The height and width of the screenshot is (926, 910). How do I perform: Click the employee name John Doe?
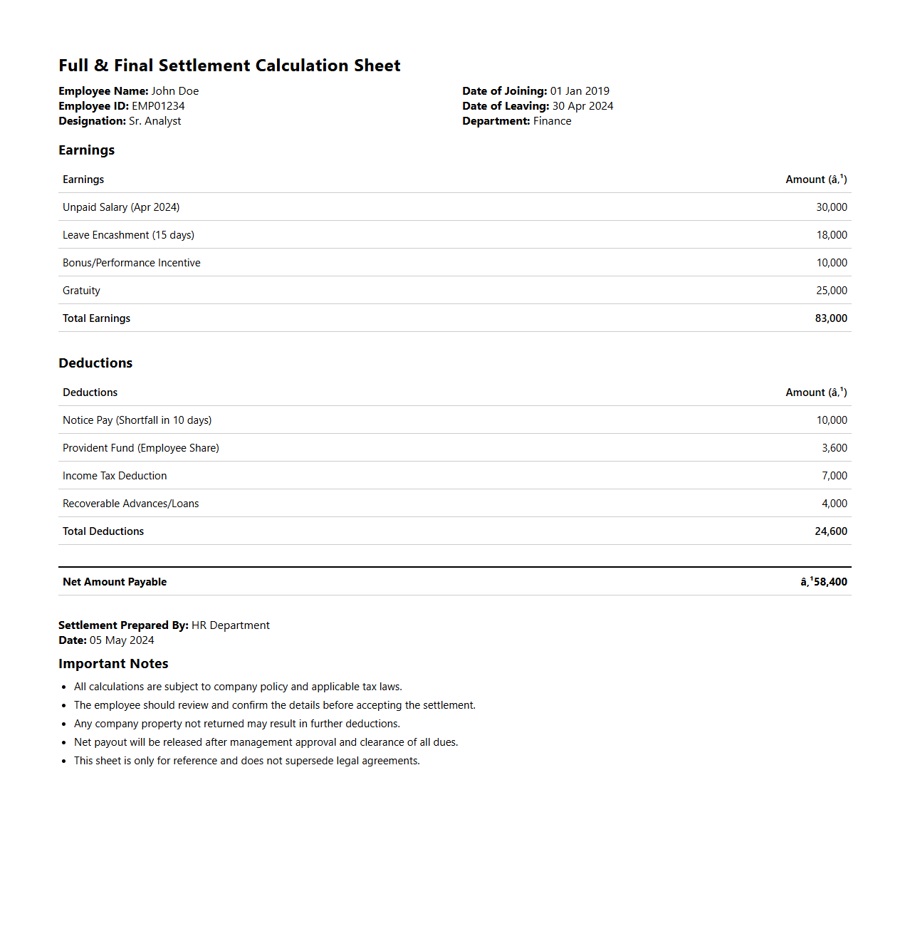tap(174, 91)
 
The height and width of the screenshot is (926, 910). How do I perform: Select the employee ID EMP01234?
tap(158, 106)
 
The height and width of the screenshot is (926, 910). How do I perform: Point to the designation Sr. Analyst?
tap(155, 121)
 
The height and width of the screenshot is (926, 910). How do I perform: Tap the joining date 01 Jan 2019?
tap(580, 91)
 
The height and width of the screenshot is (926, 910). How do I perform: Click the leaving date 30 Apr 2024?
tap(582, 106)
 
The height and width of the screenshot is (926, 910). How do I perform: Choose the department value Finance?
tap(552, 121)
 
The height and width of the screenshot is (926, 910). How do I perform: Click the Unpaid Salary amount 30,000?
tap(831, 207)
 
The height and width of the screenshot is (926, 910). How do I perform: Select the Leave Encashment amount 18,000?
tap(831, 235)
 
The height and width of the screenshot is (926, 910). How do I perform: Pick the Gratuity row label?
tap(81, 291)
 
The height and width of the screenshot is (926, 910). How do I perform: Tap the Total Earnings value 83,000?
tap(831, 318)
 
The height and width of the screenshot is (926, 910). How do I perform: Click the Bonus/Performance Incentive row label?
tap(132, 263)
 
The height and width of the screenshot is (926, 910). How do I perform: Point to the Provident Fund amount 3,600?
tap(834, 448)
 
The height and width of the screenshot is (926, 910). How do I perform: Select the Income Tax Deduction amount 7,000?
tap(834, 476)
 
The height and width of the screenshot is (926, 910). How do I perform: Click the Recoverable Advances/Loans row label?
tap(131, 504)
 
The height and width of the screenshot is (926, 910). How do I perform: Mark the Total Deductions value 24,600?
tap(831, 531)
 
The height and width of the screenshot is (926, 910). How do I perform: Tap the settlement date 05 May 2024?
tap(122, 640)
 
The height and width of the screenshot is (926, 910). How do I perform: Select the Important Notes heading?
tap(113, 664)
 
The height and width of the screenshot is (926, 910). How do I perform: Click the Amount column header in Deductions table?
tap(816, 392)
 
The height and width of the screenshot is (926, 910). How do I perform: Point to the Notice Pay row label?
tap(137, 420)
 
